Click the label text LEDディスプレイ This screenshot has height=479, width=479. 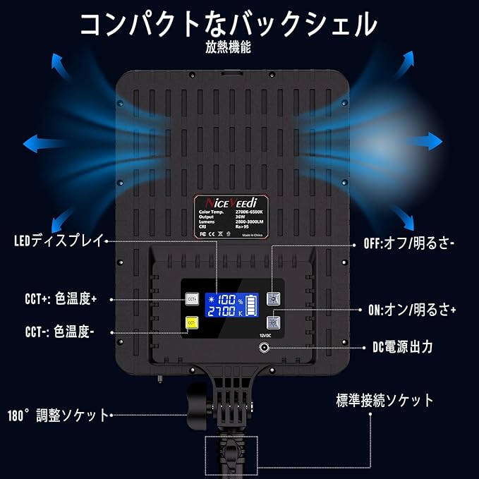point(59,241)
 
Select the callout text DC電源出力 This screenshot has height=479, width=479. point(402,347)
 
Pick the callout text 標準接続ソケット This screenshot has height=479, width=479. point(384,401)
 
